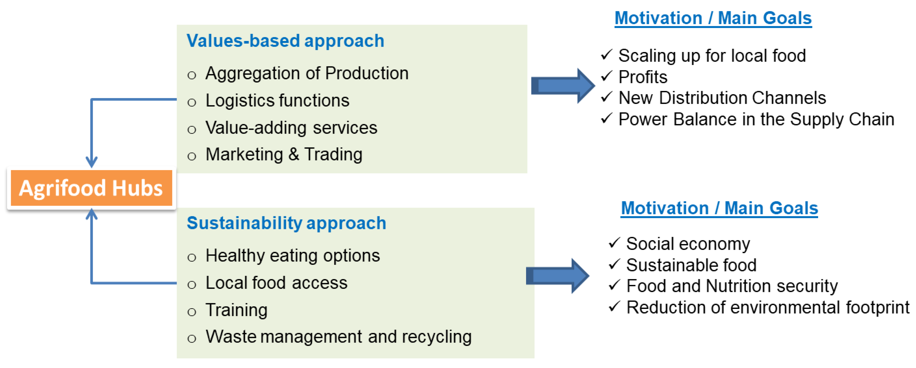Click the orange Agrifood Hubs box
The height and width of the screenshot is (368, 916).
point(91,188)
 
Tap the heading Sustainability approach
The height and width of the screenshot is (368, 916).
point(286,223)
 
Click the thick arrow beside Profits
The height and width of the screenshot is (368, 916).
point(563,86)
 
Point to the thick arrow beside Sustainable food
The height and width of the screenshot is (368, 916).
point(557,276)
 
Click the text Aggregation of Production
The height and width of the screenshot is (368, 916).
point(307,73)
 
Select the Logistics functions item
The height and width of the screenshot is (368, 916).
point(277,101)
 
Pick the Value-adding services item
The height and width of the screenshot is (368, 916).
point(291,127)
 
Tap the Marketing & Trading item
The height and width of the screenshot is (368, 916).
point(284,155)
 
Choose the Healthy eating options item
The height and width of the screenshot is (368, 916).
point(293,256)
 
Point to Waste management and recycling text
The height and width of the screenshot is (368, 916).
point(338,336)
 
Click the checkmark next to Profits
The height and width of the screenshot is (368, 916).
point(607,76)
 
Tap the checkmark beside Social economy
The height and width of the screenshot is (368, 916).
point(614,243)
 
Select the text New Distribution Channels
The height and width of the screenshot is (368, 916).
point(722,98)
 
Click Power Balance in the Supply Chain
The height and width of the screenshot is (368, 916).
point(756,119)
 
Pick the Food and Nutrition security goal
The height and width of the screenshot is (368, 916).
point(732,286)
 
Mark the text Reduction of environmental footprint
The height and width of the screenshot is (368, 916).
point(768,307)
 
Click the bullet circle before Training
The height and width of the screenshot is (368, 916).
point(192,312)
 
